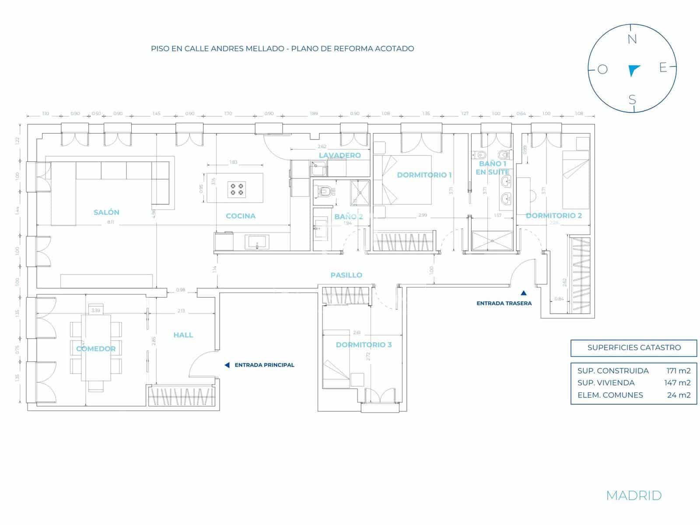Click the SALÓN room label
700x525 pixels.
[106, 212]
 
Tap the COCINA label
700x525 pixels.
[241, 216]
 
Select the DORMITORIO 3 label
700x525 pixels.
[364, 345]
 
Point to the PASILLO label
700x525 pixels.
[346, 275]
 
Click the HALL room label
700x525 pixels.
[183, 335]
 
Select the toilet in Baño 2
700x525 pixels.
[324, 192]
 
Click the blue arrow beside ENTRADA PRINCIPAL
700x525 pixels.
[227, 365]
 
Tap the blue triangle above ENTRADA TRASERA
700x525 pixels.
[523, 294]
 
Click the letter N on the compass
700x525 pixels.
[632, 39]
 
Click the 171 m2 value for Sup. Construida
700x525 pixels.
[678, 371]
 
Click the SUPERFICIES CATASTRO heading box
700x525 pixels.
[633, 348]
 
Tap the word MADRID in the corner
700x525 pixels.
[633, 495]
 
